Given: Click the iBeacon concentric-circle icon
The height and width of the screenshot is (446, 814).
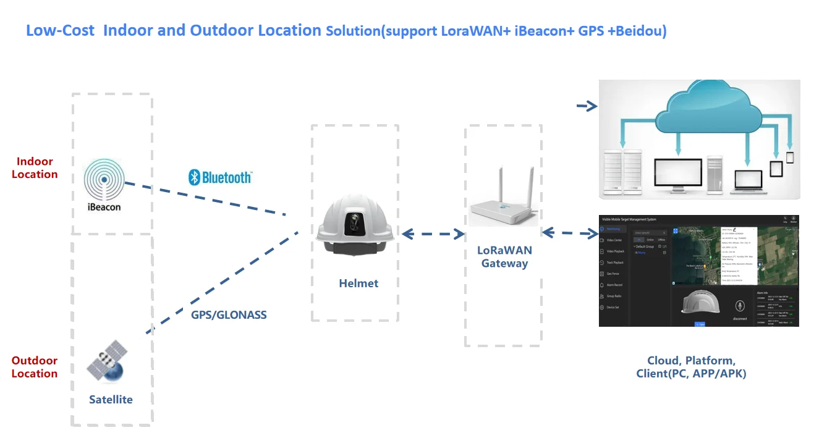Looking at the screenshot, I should pos(104,181).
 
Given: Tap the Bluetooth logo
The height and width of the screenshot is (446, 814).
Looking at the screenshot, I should pos(220,177).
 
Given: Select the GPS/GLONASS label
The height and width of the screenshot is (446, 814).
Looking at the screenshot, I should pos(229,315).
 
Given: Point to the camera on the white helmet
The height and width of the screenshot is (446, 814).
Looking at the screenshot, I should pos(353,224).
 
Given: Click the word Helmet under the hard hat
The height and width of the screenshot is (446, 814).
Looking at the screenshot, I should pos(358,284).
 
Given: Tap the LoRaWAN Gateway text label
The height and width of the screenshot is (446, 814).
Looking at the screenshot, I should pos(504,257).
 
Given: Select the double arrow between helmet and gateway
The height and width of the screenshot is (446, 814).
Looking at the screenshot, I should pos(433,234).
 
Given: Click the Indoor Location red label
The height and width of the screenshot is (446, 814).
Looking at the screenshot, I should pos(35,168).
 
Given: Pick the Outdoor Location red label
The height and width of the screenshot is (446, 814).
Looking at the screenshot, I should pos(35,367).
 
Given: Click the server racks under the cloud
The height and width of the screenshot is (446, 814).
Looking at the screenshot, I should pos(624,170).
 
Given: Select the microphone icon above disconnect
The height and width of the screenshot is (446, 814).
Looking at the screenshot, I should pos(739,306).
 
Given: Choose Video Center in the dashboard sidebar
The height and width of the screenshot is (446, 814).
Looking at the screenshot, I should pos(615,240).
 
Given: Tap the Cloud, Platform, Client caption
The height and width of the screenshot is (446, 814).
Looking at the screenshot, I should pos(691,367).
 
